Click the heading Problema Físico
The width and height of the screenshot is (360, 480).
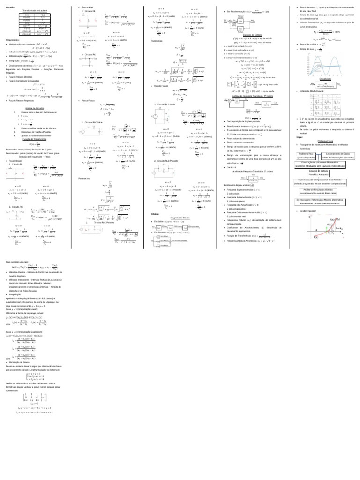click(x=325, y=141)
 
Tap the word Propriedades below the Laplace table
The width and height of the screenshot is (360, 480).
click(x=13, y=40)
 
